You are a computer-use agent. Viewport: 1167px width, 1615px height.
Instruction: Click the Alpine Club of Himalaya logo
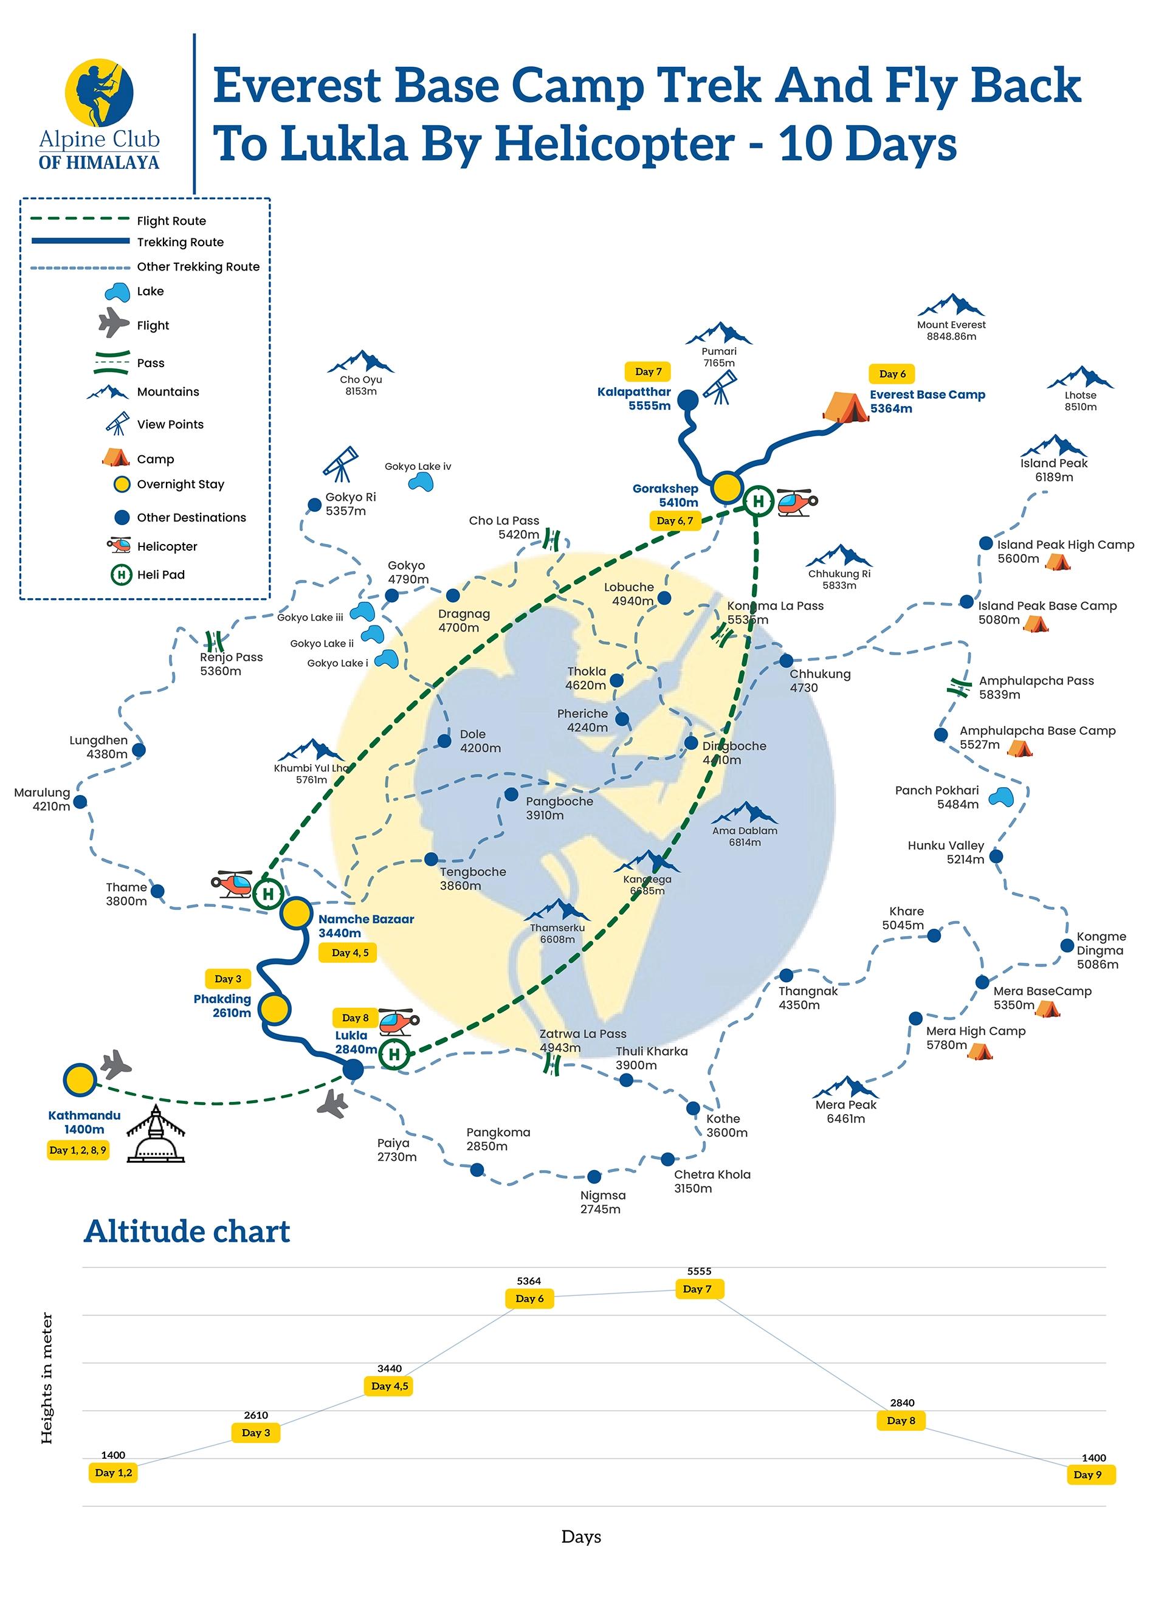click(99, 114)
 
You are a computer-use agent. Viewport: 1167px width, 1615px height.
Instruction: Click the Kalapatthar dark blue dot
click(687, 400)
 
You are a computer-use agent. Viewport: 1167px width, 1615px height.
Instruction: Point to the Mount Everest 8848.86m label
click(951, 329)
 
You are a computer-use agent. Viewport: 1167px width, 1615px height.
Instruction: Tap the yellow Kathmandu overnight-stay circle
click(79, 1080)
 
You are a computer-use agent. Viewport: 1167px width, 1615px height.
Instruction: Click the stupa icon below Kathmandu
click(155, 1134)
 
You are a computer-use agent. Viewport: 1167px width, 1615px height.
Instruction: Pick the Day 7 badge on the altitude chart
click(697, 1289)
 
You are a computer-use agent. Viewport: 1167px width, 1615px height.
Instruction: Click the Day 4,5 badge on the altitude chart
click(390, 1386)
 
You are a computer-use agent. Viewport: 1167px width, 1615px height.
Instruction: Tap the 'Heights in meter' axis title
click(47, 1378)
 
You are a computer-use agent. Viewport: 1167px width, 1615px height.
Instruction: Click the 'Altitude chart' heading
click(187, 1231)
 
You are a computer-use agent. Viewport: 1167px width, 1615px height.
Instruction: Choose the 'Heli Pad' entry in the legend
click(160, 574)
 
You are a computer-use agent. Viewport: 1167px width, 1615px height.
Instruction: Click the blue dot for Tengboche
click(431, 859)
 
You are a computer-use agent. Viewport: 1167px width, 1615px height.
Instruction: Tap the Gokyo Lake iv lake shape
click(421, 483)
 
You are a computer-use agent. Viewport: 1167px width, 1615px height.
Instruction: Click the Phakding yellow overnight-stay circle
click(274, 1009)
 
